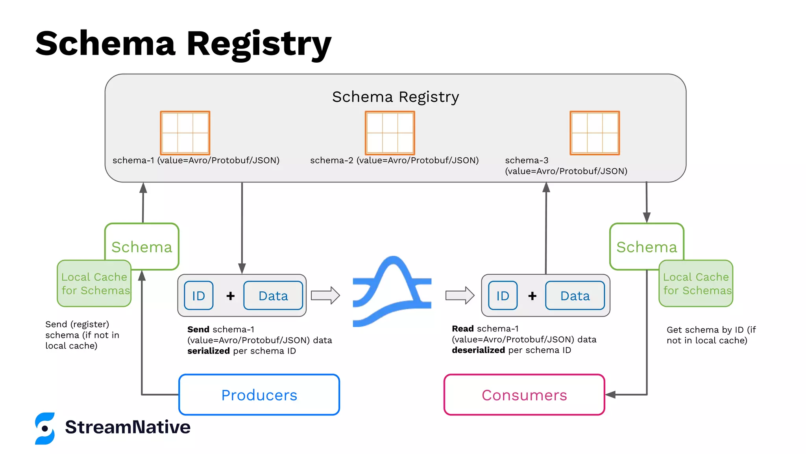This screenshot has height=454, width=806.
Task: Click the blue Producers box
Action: (x=259, y=394)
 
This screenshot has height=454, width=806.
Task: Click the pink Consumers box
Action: (x=524, y=394)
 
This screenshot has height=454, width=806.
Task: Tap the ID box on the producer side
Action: (x=198, y=296)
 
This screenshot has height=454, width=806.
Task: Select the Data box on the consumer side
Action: (x=575, y=296)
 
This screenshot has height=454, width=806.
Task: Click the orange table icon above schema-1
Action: (x=185, y=133)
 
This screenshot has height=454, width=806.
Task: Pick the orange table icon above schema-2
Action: (x=390, y=133)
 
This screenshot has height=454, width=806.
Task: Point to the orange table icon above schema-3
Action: (x=595, y=133)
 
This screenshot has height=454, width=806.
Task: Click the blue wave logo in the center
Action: (x=392, y=292)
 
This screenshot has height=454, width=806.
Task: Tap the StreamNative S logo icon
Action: (x=45, y=428)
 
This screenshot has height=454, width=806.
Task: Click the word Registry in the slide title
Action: (x=259, y=44)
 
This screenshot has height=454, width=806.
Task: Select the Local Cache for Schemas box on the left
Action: (x=94, y=284)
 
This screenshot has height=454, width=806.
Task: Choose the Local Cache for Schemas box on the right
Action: (x=696, y=284)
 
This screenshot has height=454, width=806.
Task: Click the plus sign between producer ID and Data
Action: (x=231, y=296)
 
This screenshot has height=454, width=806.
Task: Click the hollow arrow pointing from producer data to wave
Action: (x=325, y=295)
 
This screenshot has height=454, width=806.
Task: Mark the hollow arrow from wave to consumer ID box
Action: (x=460, y=295)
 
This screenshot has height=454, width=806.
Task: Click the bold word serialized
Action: (x=208, y=351)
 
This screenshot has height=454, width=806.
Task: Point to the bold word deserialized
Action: (x=478, y=350)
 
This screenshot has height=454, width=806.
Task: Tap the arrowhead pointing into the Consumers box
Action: (x=610, y=394)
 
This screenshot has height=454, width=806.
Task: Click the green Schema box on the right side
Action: (x=647, y=247)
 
